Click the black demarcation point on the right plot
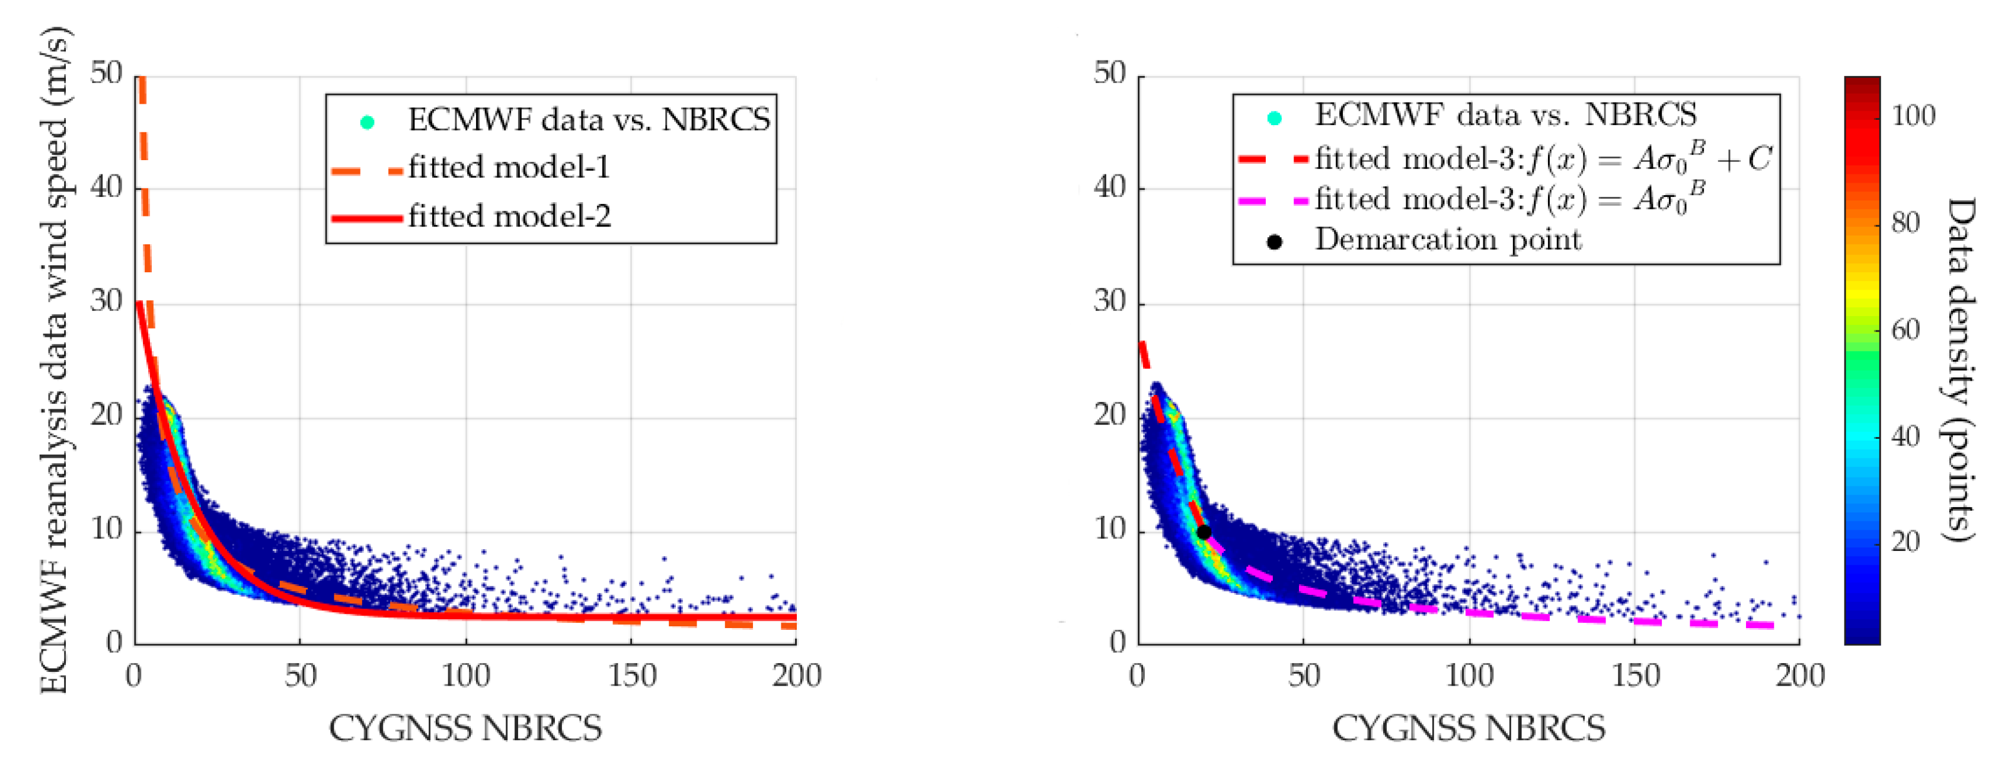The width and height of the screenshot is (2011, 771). [1204, 532]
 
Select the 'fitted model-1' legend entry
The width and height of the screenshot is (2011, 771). [508, 168]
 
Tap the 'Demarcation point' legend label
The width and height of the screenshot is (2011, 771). [1448, 240]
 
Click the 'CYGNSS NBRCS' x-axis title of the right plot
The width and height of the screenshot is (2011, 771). [1468, 728]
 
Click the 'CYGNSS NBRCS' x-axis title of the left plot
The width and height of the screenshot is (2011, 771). [465, 728]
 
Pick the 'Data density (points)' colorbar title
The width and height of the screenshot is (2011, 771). [1959, 369]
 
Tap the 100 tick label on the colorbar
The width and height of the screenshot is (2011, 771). [1913, 116]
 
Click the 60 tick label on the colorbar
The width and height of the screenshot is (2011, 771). [1905, 330]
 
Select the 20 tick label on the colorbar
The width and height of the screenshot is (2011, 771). [1905, 541]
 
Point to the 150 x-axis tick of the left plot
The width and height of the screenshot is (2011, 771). [631, 676]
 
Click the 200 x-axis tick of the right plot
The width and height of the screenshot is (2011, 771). [1799, 676]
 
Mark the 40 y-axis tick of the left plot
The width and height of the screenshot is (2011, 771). [106, 188]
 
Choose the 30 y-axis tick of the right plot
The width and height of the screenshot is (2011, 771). [1109, 301]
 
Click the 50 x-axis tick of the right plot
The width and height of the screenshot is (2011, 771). [1303, 676]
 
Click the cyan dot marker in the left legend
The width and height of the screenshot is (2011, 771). [367, 122]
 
